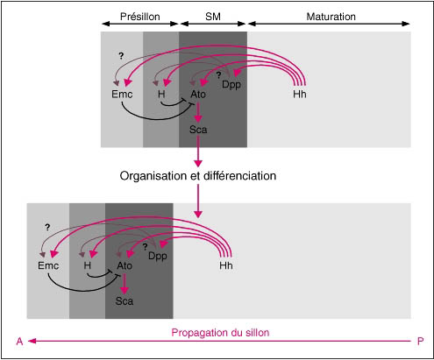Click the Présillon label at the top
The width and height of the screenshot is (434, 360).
[x=140, y=17]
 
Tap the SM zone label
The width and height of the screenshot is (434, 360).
[x=213, y=17]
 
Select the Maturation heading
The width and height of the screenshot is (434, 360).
[x=331, y=17]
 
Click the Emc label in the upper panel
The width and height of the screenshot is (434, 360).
[x=122, y=94]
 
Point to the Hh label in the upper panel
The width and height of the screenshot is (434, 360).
[x=300, y=94]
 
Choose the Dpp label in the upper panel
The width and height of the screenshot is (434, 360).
[x=231, y=85]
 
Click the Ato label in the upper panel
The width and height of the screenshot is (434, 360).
[x=198, y=94]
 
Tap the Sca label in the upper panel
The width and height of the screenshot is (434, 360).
[x=198, y=130]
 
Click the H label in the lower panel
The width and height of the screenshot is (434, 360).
[x=87, y=265]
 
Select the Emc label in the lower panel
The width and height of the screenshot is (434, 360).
[x=48, y=265]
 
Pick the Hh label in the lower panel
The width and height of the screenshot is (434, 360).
[x=226, y=265]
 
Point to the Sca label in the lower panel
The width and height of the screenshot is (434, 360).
[x=125, y=300]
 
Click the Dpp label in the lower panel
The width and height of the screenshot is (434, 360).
[x=158, y=256]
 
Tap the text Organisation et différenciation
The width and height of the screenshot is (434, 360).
[x=198, y=176]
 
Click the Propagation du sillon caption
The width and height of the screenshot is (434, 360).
[x=220, y=333]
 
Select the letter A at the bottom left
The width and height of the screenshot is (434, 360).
[x=19, y=341]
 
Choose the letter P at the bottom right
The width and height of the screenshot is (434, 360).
[x=420, y=341]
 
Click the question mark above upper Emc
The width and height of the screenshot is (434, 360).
[x=121, y=56]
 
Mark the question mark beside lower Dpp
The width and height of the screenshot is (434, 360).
[x=145, y=247]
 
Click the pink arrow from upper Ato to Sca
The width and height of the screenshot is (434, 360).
[x=198, y=112]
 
